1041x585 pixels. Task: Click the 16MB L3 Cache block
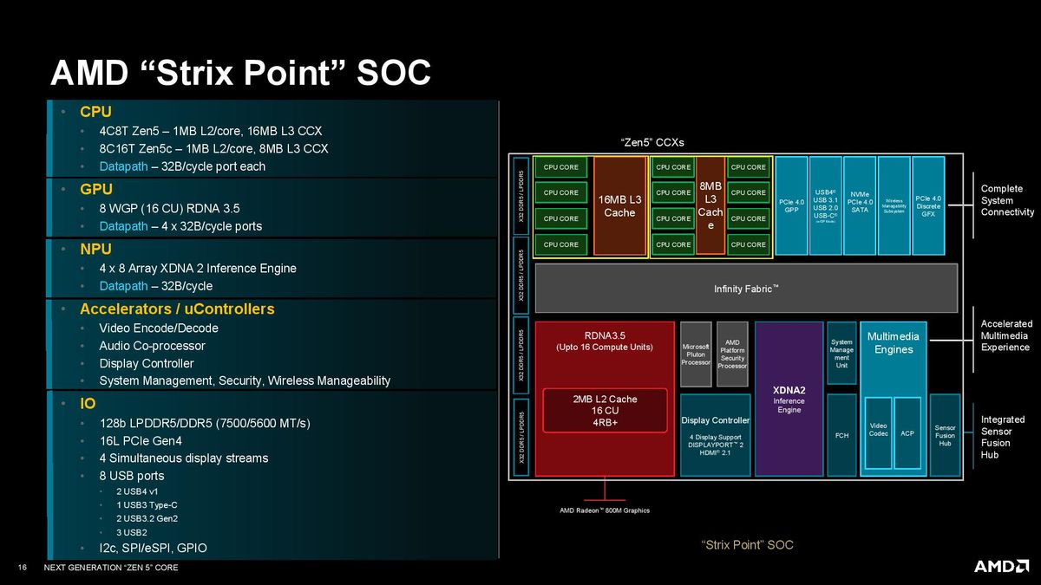point(619,206)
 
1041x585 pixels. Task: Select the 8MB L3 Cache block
point(710,205)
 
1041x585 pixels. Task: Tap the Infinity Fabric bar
point(746,288)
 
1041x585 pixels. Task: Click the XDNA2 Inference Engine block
point(789,399)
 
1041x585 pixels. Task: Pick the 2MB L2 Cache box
point(605,411)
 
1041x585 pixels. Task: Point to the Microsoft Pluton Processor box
point(696,354)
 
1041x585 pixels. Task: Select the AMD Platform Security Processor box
point(732,354)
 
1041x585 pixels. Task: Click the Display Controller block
point(715,434)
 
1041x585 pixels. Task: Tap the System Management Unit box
point(841,354)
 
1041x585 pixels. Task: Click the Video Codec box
point(878,432)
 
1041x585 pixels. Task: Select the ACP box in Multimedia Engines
point(907,432)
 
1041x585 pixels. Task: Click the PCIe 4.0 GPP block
point(790,205)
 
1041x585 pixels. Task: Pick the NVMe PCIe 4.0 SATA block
point(859,205)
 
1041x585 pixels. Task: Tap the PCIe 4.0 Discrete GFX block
point(927,205)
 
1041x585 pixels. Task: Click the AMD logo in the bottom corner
point(1001,566)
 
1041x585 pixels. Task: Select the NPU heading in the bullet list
point(95,249)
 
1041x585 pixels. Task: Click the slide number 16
point(23,568)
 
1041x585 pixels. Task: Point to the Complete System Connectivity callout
point(1007,200)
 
